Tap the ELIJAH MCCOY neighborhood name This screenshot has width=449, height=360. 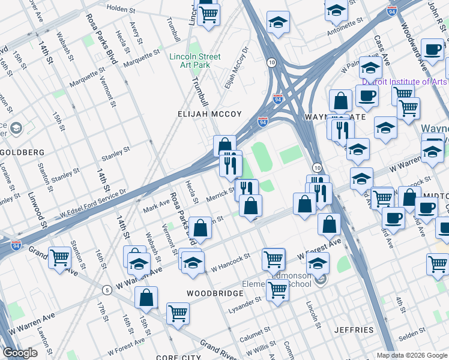point(209,114)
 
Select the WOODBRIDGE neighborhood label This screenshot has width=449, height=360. point(215,293)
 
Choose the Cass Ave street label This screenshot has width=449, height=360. point(382,51)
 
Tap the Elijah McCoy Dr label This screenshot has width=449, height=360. point(236,68)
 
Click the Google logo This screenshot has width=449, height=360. point(20,353)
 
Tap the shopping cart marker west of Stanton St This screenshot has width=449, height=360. point(60,258)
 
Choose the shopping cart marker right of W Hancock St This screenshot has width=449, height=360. point(273,259)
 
